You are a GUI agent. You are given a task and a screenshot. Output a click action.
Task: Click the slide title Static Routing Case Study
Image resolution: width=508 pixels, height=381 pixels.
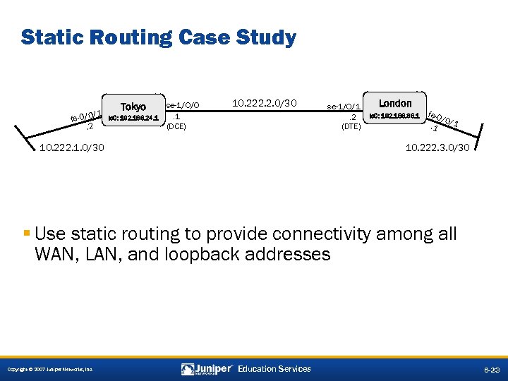(x=158, y=37)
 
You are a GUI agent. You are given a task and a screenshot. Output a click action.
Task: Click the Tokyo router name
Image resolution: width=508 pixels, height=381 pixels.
(x=134, y=107)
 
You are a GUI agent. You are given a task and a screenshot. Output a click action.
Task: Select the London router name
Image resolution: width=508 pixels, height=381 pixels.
(x=395, y=104)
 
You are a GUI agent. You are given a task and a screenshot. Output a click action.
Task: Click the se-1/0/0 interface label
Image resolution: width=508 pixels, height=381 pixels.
(x=182, y=105)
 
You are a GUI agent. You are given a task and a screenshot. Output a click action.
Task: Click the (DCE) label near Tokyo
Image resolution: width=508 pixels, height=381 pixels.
(x=176, y=128)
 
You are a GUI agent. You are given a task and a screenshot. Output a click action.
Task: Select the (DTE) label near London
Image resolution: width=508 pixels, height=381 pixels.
(x=351, y=127)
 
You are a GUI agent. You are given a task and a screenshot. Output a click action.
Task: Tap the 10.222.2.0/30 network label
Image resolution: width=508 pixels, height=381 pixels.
(x=265, y=104)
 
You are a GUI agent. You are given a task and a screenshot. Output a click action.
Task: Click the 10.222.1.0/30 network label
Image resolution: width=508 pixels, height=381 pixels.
(x=72, y=147)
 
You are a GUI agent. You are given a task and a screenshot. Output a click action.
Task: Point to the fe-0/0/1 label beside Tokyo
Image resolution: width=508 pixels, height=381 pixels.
(x=86, y=116)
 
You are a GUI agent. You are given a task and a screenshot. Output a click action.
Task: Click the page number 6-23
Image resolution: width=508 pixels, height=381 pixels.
(x=491, y=369)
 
